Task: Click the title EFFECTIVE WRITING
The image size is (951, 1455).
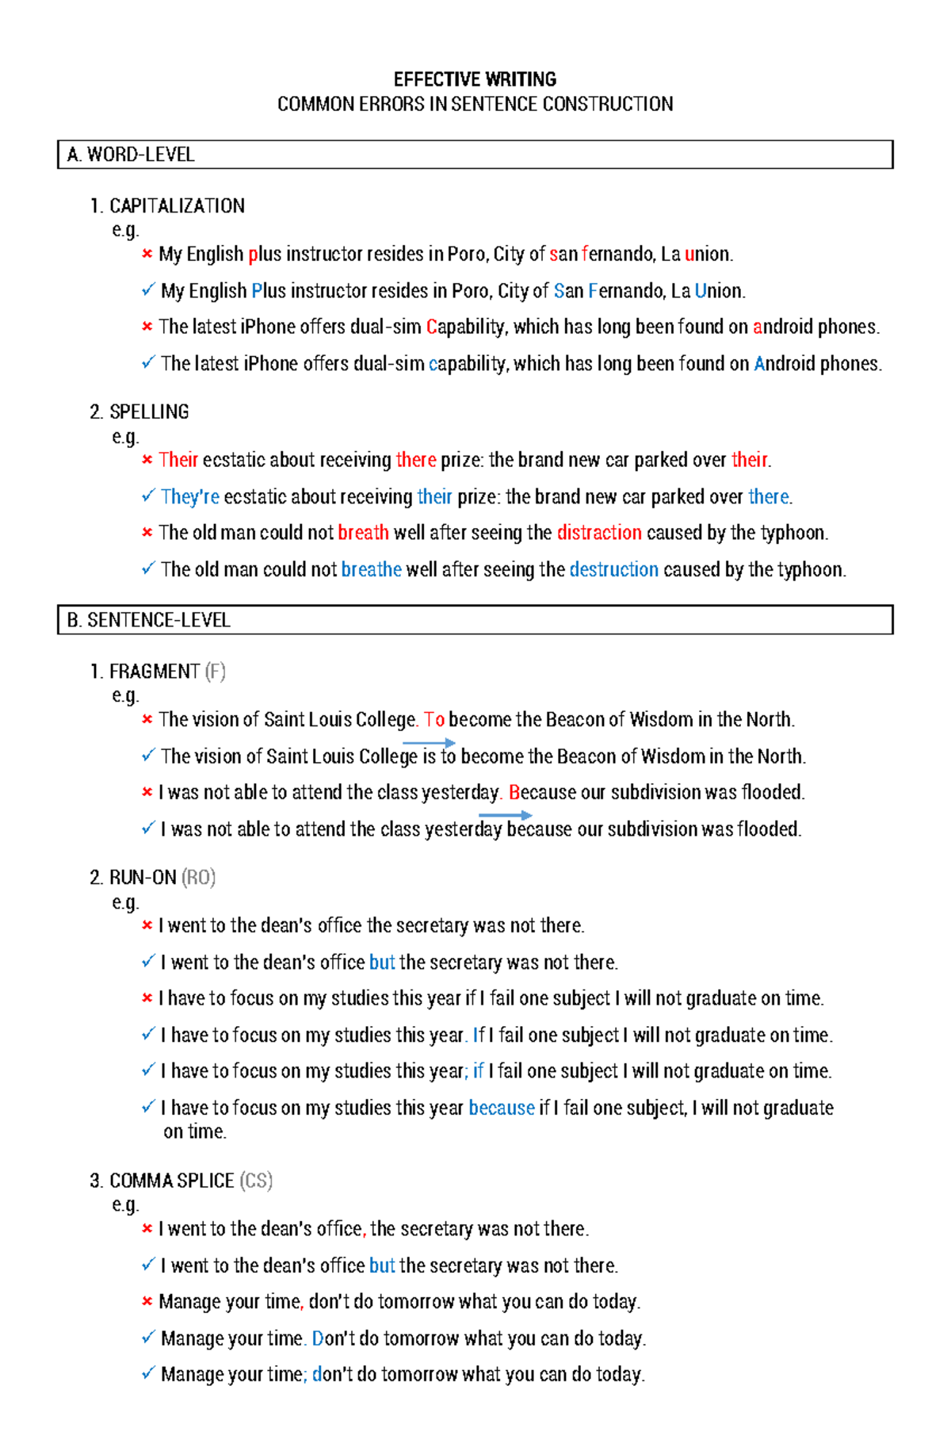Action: pyautogui.click(x=475, y=79)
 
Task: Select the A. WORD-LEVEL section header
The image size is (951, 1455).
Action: pyautogui.click(x=132, y=155)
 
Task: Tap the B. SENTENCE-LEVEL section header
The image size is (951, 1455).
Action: pyautogui.click(x=149, y=620)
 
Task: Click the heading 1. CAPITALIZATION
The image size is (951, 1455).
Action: pyautogui.click(x=167, y=206)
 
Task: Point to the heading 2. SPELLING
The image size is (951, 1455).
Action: pyautogui.click(x=139, y=412)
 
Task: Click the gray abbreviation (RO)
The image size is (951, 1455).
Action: pyautogui.click(x=198, y=878)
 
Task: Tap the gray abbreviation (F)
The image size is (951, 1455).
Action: pyautogui.click(x=215, y=672)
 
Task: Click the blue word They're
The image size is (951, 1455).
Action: pyautogui.click(x=190, y=497)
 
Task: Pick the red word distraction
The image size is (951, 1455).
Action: pyautogui.click(x=599, y=533)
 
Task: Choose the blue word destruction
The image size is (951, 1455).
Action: pyautogui.click(x=613, y=570)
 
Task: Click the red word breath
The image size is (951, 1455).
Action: pyautogui.click(x=363, y=533)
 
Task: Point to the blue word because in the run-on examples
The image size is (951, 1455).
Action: pyautogui.click(x=502, y=1108)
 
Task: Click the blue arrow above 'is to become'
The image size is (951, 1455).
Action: pyautogui.click(x=429, y=743)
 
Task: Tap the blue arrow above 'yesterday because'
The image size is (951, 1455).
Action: pyautogui.click(x=505, y=815)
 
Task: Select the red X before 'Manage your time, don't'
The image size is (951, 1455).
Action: pyautogui.click(x=147, y=1302)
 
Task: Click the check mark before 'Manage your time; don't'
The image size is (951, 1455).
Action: pyautogui.click(x=147, y=1373)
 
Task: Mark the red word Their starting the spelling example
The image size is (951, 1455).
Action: pyautogui.click(x=178, y=461)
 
